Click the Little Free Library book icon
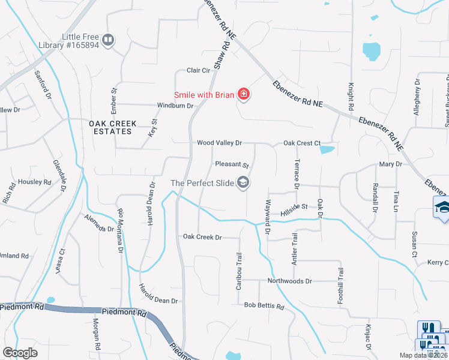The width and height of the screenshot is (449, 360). [x=108, y=40]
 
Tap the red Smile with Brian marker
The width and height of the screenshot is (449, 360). [x=244, y=94]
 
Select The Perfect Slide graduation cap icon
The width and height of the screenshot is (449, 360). [x=243, y=183]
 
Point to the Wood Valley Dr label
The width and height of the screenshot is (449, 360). [x=219, y=143]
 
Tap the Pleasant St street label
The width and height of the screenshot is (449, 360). [x=232, y=164]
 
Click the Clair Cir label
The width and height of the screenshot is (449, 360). [x=198, y=70]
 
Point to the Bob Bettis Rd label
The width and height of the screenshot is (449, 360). [x=264, y=305]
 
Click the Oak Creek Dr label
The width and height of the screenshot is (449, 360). [x=202, y=237]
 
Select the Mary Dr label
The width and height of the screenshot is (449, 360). [x=390, y=164]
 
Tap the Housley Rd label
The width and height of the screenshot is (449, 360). [x=34, y=182]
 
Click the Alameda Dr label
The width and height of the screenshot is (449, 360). [x=99, y=223]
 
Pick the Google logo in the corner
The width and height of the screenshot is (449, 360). [x=20, y=353]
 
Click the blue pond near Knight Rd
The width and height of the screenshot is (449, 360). [x=371, y=51]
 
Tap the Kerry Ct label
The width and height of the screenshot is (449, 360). [x=437, y=263]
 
